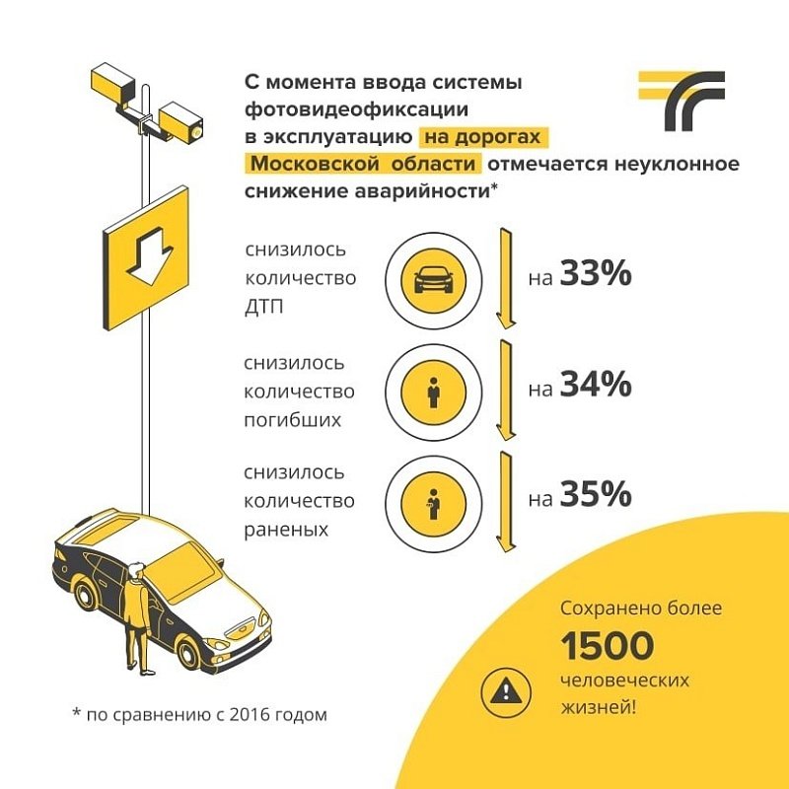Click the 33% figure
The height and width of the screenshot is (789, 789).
click(x=596, y=273)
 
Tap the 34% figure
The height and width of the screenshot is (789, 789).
click(x=596, y=384)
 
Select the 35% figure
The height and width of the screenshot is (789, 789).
click(x=596, y=494)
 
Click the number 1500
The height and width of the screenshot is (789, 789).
click(x=607, y=646)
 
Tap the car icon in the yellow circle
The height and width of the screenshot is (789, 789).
click(x=433, y=280)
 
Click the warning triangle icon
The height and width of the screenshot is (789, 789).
click(x=506, y=692)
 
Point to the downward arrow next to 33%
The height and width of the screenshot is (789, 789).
click(x=506, y=278)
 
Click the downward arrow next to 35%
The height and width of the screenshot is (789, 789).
click(x=506, y=502)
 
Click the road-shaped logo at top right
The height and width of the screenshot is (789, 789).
click(x=681, y=101)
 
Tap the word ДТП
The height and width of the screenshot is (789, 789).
click(x=264, y=307)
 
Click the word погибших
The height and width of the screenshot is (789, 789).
click(x=292, y=419)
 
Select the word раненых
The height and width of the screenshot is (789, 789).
click(x=286, y=530)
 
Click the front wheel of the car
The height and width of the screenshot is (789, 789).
click(x=190, y=653)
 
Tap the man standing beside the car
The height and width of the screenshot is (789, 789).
click(x=138, y=619)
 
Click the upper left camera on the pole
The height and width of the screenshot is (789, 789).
click(x=111, y=82)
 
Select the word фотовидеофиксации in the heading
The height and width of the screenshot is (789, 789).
click(x=357, y=109)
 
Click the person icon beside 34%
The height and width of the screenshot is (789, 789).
click(x=433, y=393)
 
